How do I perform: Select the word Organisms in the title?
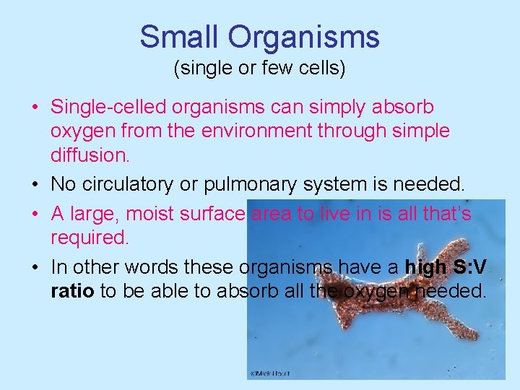pyautogui.click(x=301, y=36)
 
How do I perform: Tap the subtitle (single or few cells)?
pyautogui.click(x=259, y=69)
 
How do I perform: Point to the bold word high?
pyautogui.click(x=425, y=267)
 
